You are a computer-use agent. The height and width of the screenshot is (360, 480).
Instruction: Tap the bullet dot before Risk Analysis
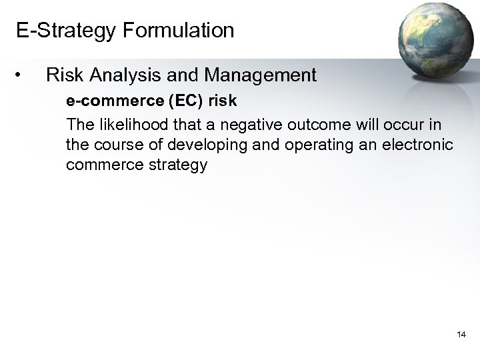23,76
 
